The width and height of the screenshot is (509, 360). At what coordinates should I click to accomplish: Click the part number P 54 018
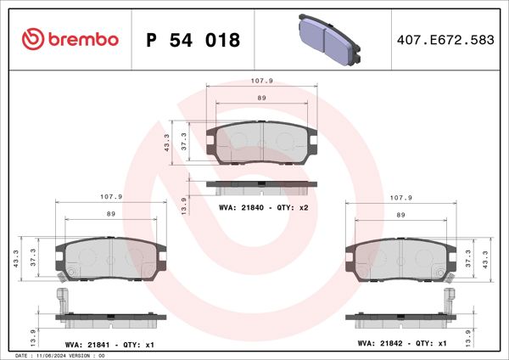pos(193,40)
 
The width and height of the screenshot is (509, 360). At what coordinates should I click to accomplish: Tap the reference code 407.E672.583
pos(445,40)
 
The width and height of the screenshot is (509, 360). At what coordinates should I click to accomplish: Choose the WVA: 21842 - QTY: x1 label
pos(401,344)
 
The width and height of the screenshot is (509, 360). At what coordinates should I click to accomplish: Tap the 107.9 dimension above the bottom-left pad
pos(111,197)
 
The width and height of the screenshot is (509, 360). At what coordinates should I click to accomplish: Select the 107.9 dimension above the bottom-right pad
pos(400,197)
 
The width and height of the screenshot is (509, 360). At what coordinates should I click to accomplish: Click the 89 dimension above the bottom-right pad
pos(400,214)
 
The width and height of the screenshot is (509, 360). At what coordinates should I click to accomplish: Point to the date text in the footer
pos(59,356)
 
